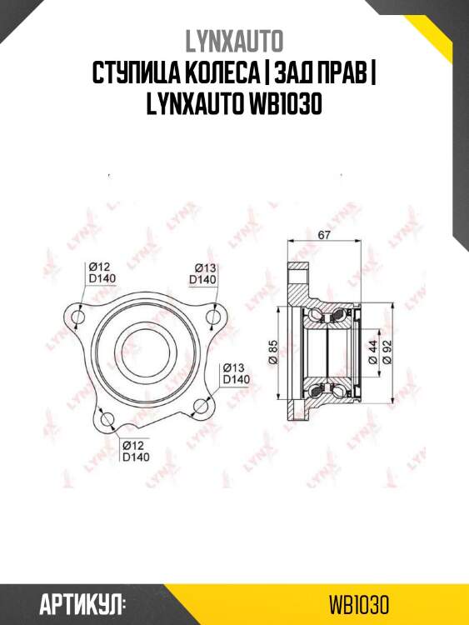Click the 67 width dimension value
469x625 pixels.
click(x=324, y=235)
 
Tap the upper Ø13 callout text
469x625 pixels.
click(x=206, y=267)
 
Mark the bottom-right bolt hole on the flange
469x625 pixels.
click(x=200, y=406)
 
